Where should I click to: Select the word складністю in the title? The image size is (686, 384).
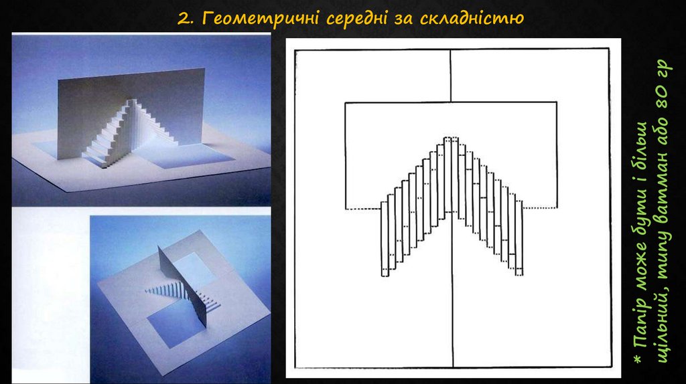[472, 19]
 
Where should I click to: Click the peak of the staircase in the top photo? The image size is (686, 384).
[131, 101]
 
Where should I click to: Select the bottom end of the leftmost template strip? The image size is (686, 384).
[385, 276]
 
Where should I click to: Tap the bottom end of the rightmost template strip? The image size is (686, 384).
[519, 274]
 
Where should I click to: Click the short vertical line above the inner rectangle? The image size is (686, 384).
[451, 76]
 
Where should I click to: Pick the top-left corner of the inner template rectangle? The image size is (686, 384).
[346, 103]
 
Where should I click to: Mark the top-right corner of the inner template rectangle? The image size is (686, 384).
[557, 102]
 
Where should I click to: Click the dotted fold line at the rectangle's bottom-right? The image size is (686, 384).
[540, 208]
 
